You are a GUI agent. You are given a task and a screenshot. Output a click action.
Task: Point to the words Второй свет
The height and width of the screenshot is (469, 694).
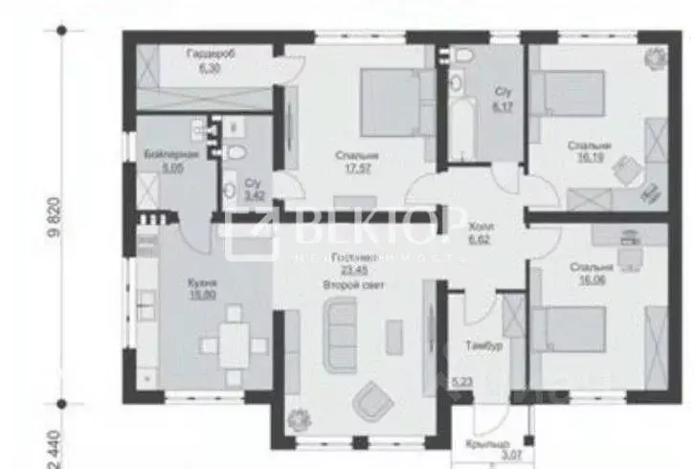[348, 284]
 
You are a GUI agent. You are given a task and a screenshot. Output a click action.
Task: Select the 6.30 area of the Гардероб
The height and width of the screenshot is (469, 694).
[210, 68]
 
